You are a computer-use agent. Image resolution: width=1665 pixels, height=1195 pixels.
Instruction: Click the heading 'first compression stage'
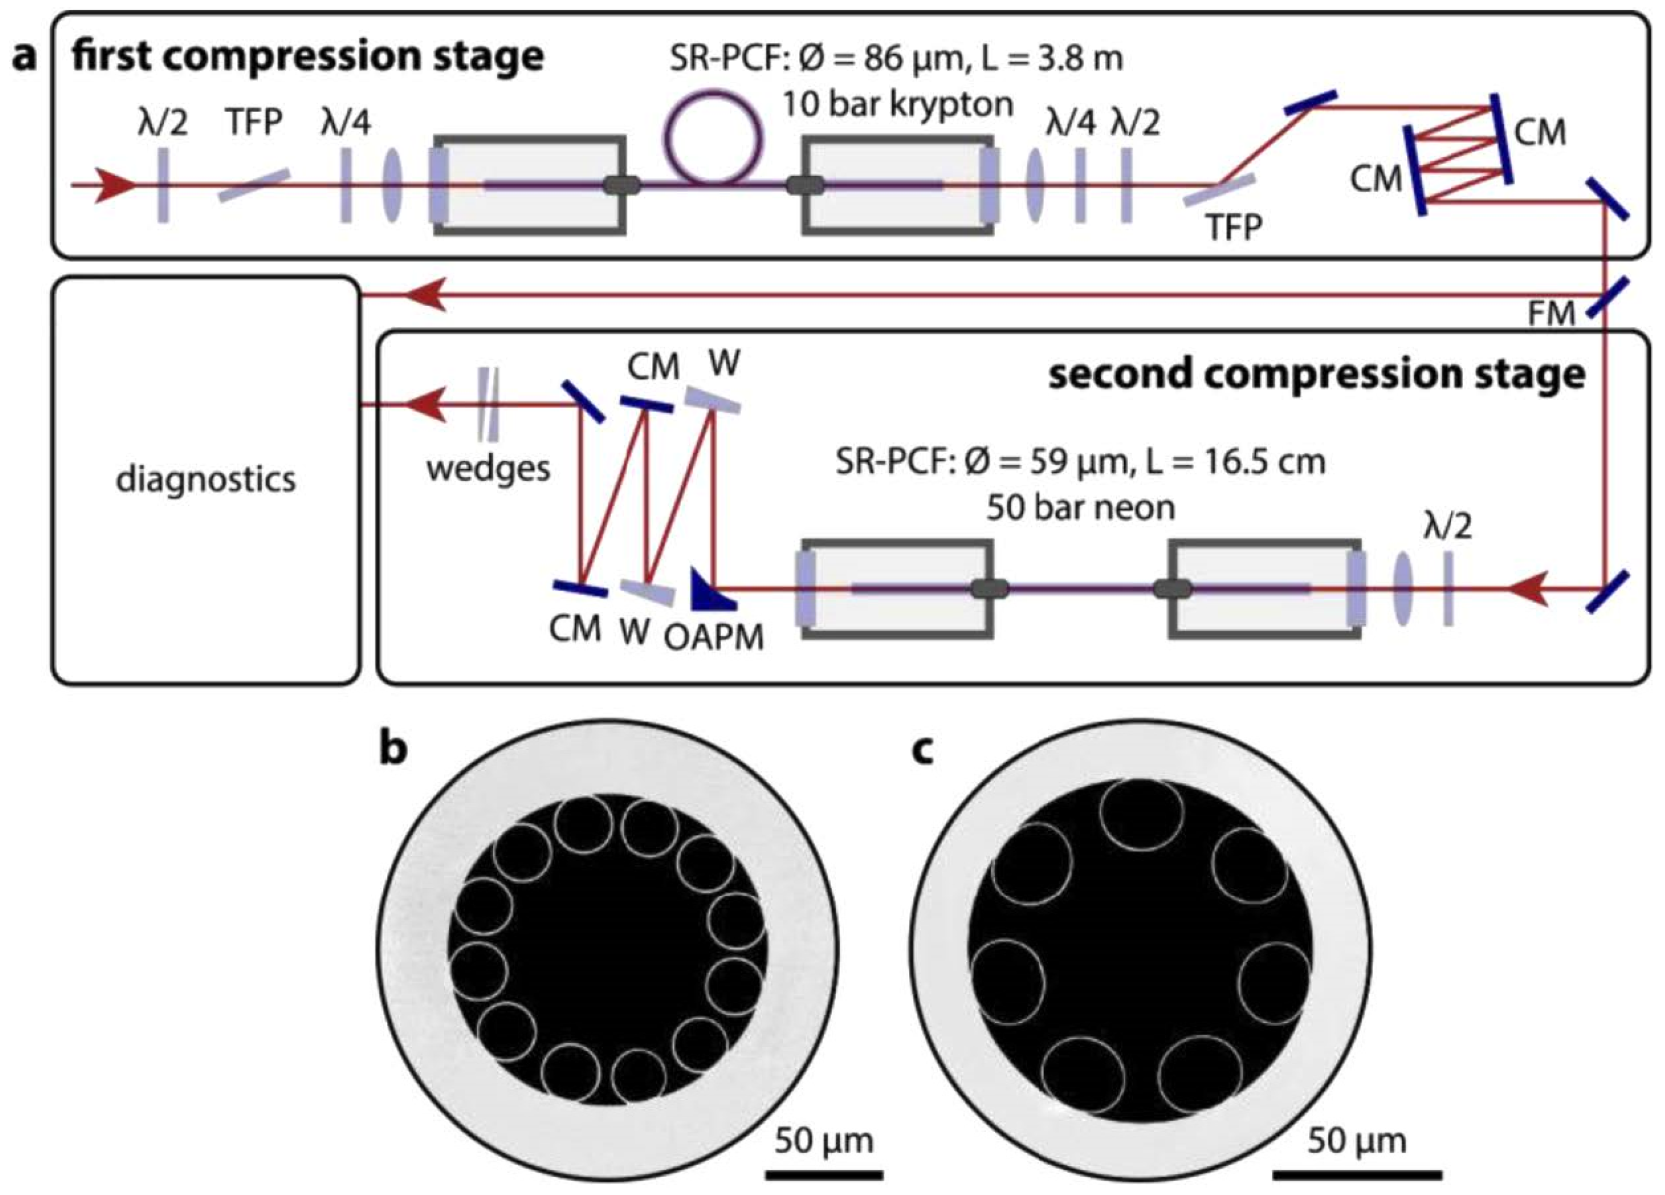tap(308, 56)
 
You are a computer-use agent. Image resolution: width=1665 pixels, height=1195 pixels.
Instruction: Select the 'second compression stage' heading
tap(1317, 374)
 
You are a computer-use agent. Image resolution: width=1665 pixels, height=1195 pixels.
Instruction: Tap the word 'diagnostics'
tap(206, 479)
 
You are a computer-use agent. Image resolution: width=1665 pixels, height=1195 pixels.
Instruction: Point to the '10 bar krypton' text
tap(896, 105)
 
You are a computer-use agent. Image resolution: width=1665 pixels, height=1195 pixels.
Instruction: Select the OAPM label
tap(714, 636)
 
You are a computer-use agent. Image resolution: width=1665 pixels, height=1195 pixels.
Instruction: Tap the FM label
tap(1551, 314)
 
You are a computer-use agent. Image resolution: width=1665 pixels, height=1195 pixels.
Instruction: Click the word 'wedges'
tap(488, 467)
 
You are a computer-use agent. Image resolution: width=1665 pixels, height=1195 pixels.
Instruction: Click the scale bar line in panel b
tap(824, 1175)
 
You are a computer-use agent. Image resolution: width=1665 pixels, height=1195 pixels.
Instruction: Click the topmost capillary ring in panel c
tap(1142, 814)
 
